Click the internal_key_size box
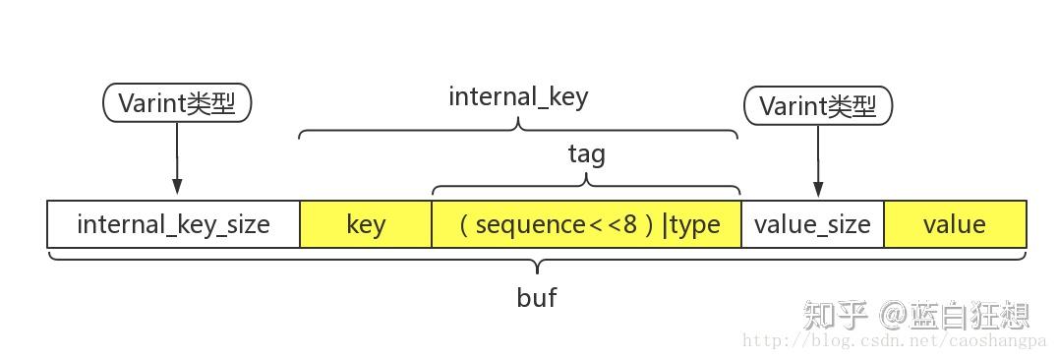pos(173,224)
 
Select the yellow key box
pos(366,224)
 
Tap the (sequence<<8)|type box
pos(586,224)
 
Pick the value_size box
pos(812,224)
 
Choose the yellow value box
pos(955,224)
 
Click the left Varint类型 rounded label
pos(177,103)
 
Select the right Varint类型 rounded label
pos(818,106)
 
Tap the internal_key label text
pos(518,96)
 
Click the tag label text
pos(586,154)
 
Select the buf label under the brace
pos(537,297)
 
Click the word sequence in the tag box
pos(530,224)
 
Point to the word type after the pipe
pos(695,224)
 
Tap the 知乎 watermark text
pos(835,316)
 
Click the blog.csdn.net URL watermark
pos(895,341)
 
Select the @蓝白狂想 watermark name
pos(956,316)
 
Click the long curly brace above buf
pos(537,263)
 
